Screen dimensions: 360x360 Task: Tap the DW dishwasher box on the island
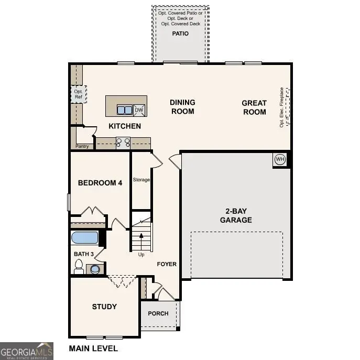(x=139, y=110)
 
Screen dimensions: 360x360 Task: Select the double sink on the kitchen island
(x=125, y=110)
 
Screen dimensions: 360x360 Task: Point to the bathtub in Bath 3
(x=84, y=238)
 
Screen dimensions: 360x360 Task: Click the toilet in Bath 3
(x=79, y=268)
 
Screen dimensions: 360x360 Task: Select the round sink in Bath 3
(x=95, y=269)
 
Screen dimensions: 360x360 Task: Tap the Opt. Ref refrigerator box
(x=78, y=94)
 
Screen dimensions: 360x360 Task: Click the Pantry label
(x=82, y=146)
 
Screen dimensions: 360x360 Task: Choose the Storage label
(x=141, y=180)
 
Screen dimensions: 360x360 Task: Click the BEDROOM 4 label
(x=100, y=183)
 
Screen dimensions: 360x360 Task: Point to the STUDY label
(x=104, y=307)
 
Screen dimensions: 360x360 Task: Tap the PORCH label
(x=158, y=313)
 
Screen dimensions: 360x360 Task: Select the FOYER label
(x=167, y=264)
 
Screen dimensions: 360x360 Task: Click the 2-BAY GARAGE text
(x=235, y=215)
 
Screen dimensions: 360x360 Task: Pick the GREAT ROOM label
(x=254, y=107)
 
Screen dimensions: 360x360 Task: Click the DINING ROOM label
(x=182, y=106)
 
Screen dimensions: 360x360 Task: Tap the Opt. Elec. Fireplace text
(x=281, y=107)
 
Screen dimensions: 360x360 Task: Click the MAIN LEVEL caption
(x=93, y=348)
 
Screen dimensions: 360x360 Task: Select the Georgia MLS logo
(x=26, y=351)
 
